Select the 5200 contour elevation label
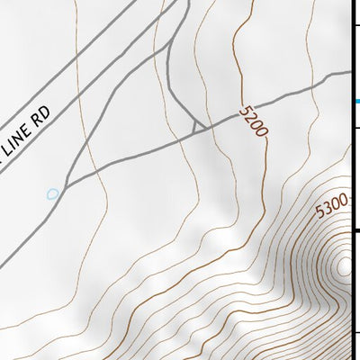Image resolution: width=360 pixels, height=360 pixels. click(x=254, y=121)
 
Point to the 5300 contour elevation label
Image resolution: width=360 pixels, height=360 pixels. click(x=331, y=208)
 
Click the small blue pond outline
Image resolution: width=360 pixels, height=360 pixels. click(x=53, y=193)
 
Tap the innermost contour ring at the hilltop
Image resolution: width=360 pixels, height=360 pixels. click(x=344, y=265)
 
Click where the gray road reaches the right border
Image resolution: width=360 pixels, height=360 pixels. click(x=351, y=72)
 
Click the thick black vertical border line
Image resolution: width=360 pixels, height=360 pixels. click(x=352, y=180)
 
